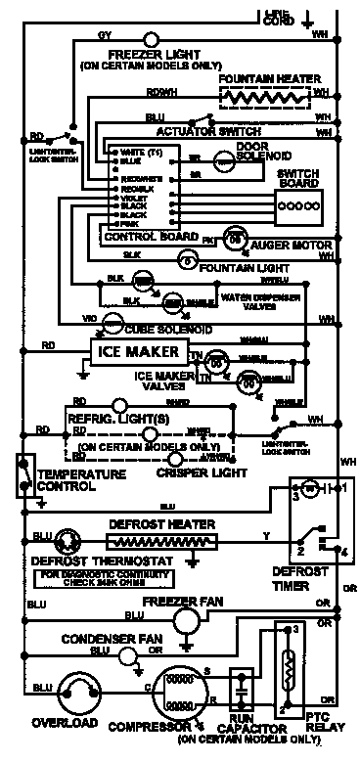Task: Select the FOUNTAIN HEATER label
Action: coord(265,77)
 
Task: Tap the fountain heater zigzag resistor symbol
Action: coord(262,98)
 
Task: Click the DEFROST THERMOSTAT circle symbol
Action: coord(68,541)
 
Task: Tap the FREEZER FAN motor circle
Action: coord(185,620)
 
